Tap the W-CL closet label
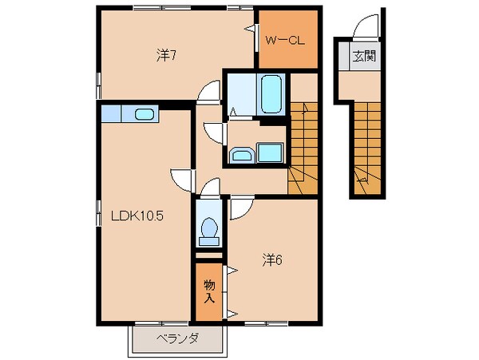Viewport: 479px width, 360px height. [x=283, y=38]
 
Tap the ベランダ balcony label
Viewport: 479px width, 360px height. [x=176, y=338]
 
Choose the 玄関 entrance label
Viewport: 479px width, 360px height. [x=364, y=57]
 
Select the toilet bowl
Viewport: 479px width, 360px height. [x=210, y=228]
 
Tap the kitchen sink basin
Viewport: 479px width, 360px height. [x=144, y=114]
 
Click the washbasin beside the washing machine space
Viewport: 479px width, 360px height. [x=241, y=153]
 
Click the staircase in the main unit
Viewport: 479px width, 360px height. [x=303, y=144]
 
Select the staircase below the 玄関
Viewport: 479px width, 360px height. [x=366, y=148]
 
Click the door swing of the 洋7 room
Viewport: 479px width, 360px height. [x=209, y=93]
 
